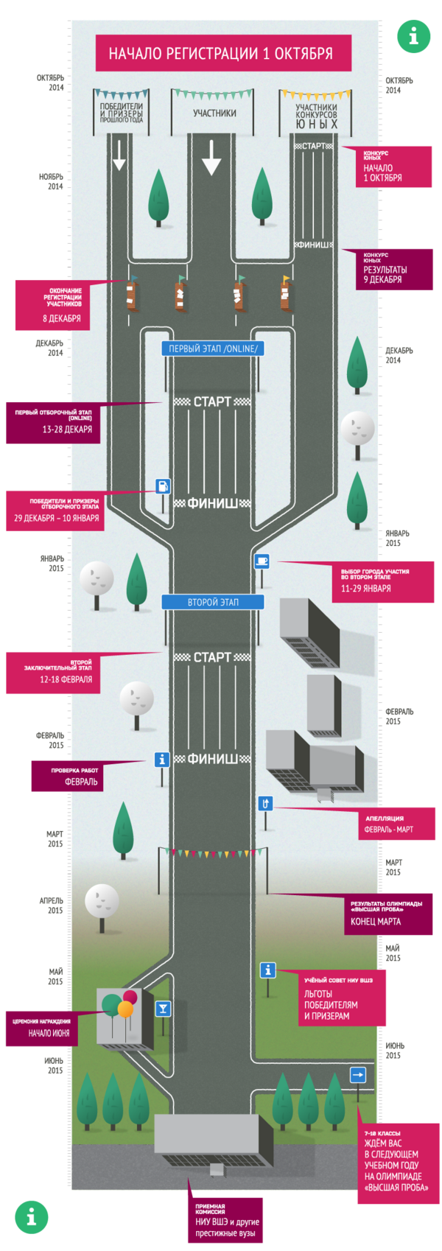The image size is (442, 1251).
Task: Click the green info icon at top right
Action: [x=413, y=35]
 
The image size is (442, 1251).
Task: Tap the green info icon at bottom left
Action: [x=31, y=1217]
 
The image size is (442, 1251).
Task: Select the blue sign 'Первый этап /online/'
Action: [x=213, y=348]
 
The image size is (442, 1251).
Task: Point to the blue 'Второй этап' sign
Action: [x=213, y=602]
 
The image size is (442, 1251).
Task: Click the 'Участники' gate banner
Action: [x=214, y=113]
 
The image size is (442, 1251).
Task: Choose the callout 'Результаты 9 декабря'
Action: [x=395, y=270]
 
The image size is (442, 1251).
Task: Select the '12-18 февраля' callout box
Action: [x=53, y=673]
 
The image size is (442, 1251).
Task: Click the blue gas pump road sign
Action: [x=163, y=486]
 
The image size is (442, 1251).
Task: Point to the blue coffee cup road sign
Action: [x=262, y=561]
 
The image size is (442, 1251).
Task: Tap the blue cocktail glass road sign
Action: [x=164, y=1009]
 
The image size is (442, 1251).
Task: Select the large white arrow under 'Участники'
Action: [x=211, y=157]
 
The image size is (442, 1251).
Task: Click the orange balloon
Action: [x=125, y=1009]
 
